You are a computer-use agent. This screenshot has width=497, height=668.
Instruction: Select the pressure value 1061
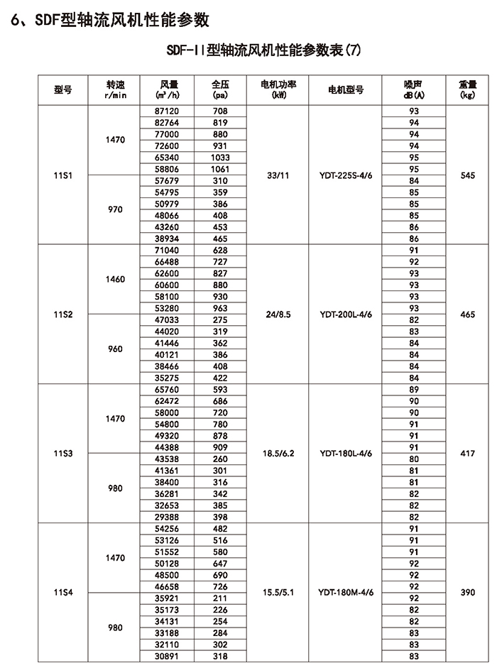[x=220, y=169]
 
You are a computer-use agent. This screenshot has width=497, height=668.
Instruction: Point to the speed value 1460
[x=115, y=279]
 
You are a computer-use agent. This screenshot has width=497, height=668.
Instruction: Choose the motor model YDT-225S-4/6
[x=345, y=175]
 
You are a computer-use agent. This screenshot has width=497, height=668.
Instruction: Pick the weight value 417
[x=467, y=452]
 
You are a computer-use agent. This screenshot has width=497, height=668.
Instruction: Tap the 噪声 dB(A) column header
[x=414, y=89]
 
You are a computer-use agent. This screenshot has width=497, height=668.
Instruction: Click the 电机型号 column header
[x=345, y=89]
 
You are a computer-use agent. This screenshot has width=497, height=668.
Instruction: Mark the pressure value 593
[x=220, y=390]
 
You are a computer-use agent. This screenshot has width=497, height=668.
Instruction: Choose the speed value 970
[x=115, y=209]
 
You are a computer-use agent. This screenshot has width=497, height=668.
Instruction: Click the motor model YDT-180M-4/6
[x=345, y=592]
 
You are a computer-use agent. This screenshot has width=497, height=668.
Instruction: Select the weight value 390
[x=467, y=592]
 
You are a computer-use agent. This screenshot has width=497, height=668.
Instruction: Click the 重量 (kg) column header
[x=467, y=89]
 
